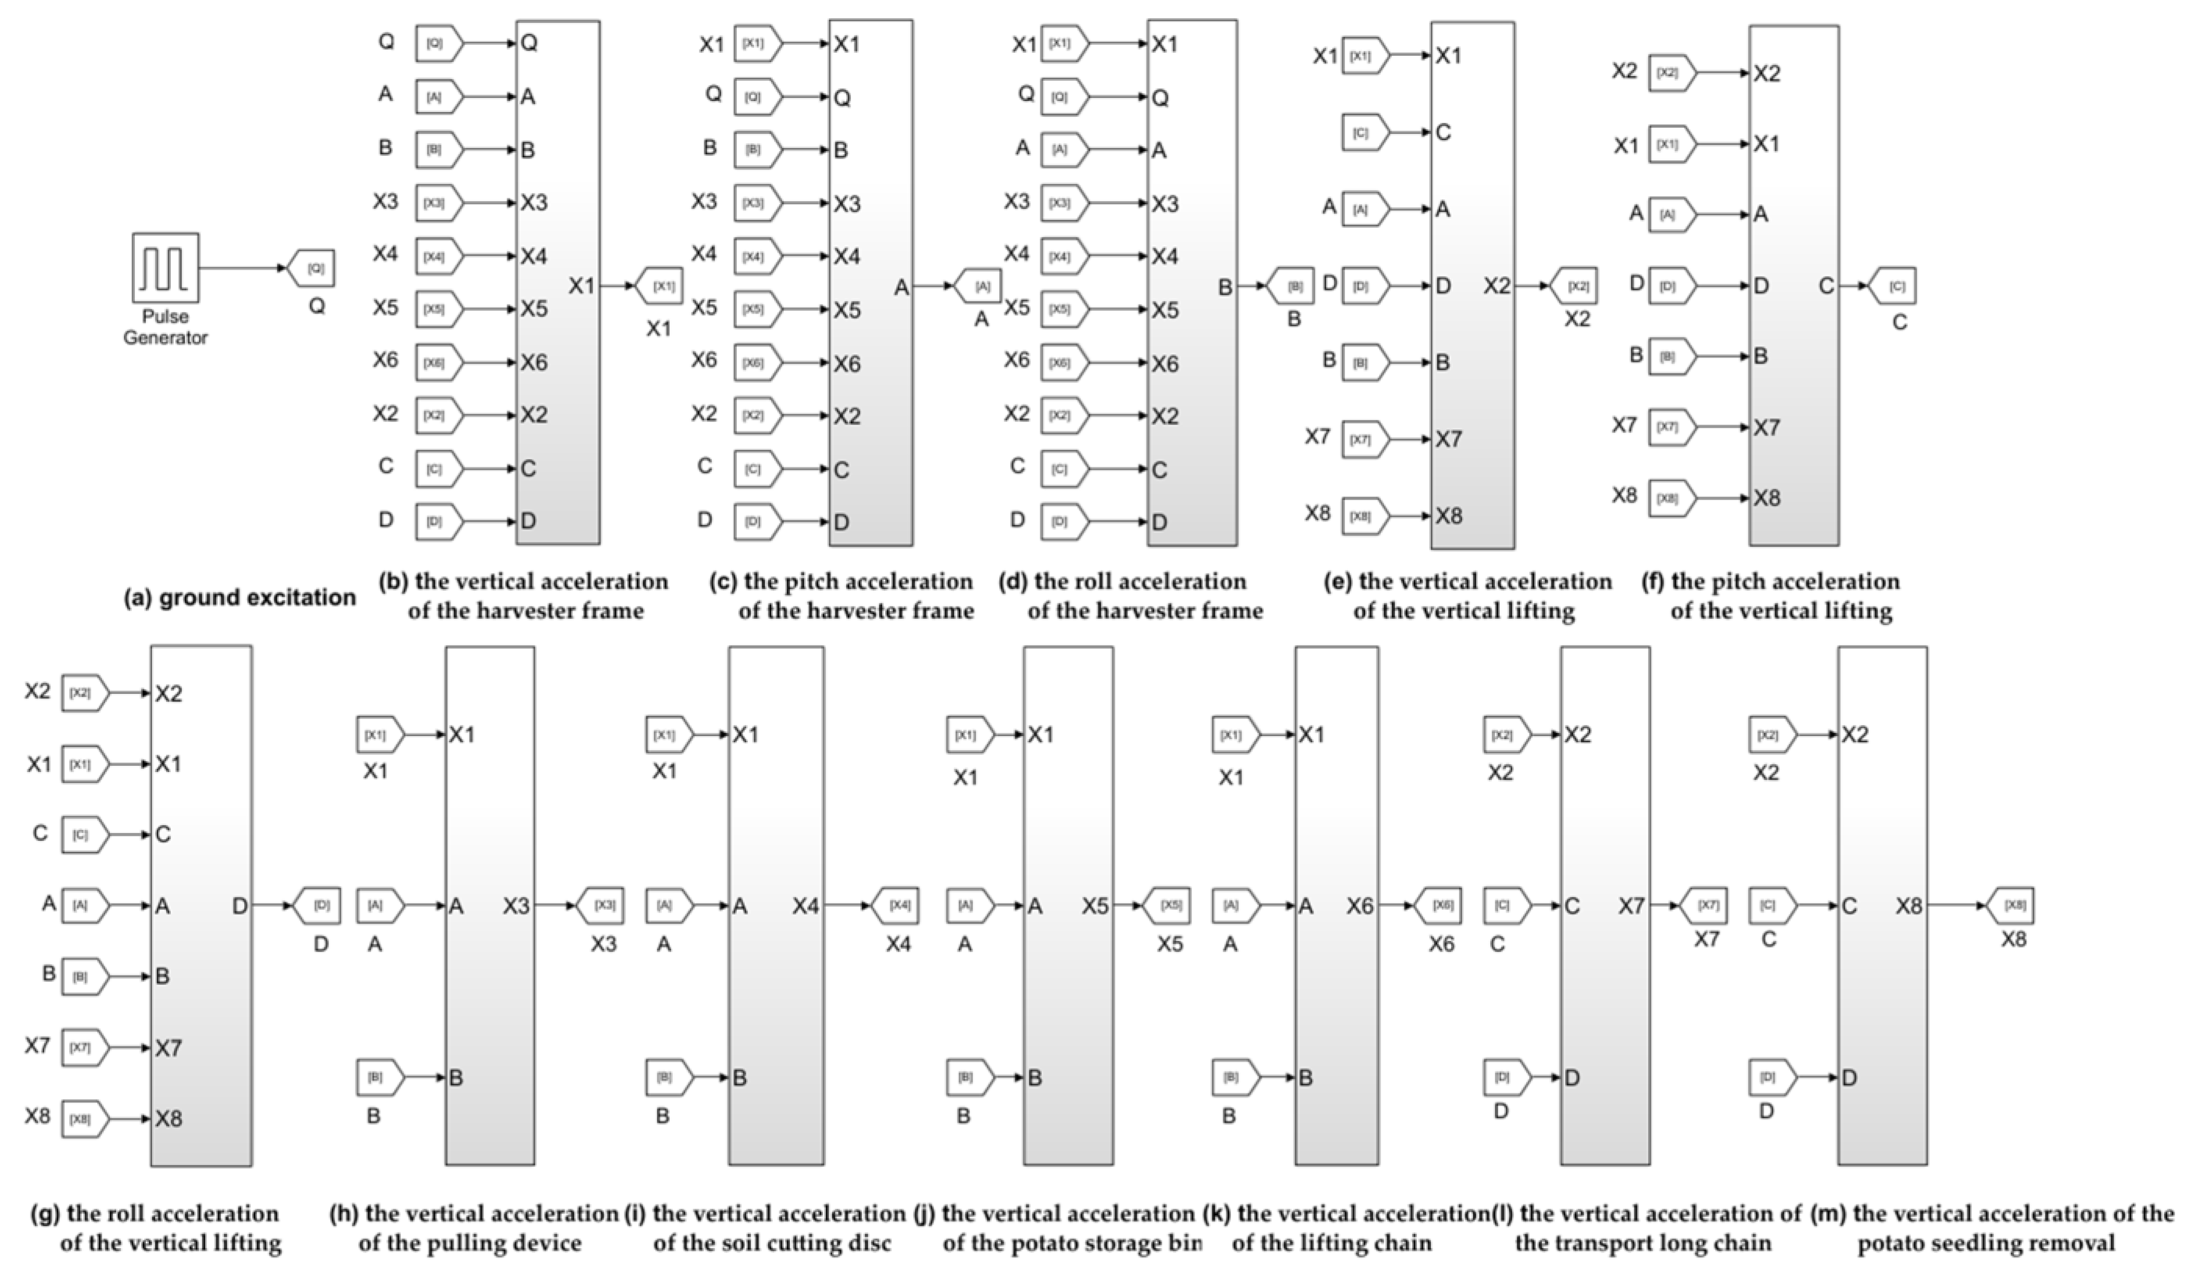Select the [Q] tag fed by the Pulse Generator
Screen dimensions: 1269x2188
click(312, 268)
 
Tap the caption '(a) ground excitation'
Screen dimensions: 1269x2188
click(240, 598)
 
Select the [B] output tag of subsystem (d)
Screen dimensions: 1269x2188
click(1291, 286)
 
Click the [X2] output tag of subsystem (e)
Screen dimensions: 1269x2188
click(1575, 286)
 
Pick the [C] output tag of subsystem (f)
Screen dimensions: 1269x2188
click(1894, 286)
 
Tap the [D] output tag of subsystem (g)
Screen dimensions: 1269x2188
click(318, 905)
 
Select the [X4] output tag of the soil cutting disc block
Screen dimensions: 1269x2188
click(897, 905)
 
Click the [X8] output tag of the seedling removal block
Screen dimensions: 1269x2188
click(2012, 905)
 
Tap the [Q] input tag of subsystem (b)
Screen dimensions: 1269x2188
click(438, 43)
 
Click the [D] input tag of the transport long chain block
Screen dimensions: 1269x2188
click(1505, 1078)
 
